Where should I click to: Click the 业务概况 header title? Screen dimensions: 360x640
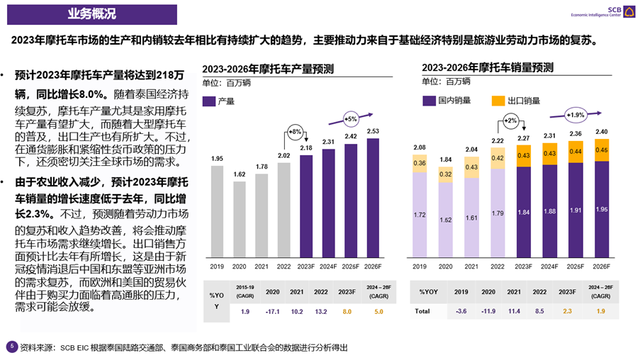point(92,13)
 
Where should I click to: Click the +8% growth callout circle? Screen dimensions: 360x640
point(296,131)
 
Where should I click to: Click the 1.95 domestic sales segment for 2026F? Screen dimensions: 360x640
point(601,209)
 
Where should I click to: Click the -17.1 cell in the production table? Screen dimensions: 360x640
point(272,310)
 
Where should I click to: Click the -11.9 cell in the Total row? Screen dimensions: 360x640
point(487,310)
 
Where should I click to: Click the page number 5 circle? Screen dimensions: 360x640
point(10,347)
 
